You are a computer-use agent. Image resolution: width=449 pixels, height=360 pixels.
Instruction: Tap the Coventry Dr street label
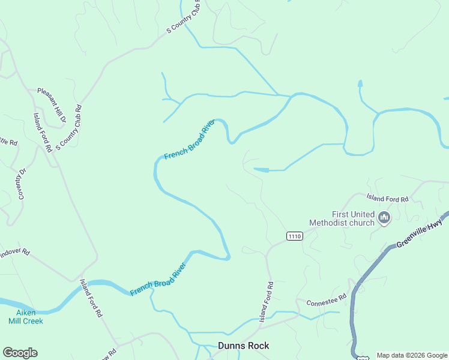[22, 183]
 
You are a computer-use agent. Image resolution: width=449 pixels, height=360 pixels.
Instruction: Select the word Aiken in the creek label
[26, 313]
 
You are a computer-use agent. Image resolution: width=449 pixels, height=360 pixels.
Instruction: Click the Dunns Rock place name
[243, 346]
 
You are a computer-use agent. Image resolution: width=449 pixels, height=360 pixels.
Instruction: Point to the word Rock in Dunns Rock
[259, 346]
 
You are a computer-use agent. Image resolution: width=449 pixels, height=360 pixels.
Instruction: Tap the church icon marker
[384, 217]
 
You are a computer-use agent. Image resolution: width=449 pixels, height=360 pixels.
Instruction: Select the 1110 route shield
[294, 236]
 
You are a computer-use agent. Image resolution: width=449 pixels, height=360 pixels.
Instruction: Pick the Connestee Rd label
[326, 299]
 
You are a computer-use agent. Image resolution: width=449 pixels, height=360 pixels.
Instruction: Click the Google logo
[20, 353]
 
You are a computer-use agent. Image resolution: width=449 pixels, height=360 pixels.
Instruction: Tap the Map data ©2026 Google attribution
[412, 355]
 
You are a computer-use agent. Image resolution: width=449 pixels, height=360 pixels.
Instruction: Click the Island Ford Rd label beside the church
[387, 198]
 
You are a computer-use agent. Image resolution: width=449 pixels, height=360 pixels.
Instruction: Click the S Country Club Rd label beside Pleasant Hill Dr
[69, 127]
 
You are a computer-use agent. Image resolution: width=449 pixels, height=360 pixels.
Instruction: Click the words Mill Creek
[26, 321]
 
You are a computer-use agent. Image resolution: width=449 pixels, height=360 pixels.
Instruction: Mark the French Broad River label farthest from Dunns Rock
[189, 140]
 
